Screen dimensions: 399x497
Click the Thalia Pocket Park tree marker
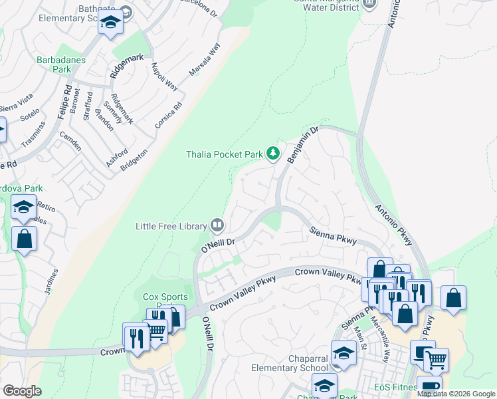coord(272,154)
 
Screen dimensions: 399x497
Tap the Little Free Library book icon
coord(217,225)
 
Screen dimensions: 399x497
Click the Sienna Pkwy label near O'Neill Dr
coord(333,235)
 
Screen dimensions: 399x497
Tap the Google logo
coord(23,391)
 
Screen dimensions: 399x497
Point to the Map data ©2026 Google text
coord(456,394)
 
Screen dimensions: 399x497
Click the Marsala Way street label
coord(204,60)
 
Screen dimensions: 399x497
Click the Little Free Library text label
coord(171,226)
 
